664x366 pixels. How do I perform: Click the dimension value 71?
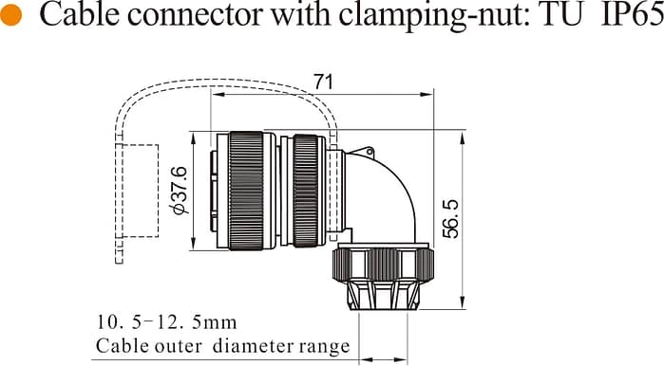tap(324, 83)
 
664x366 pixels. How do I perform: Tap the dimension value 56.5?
tap(450, 219)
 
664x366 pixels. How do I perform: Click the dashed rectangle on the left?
tap(138, 191)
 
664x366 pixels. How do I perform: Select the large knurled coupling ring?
tap(252, 191)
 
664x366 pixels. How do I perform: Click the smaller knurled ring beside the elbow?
tap(306, 191)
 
